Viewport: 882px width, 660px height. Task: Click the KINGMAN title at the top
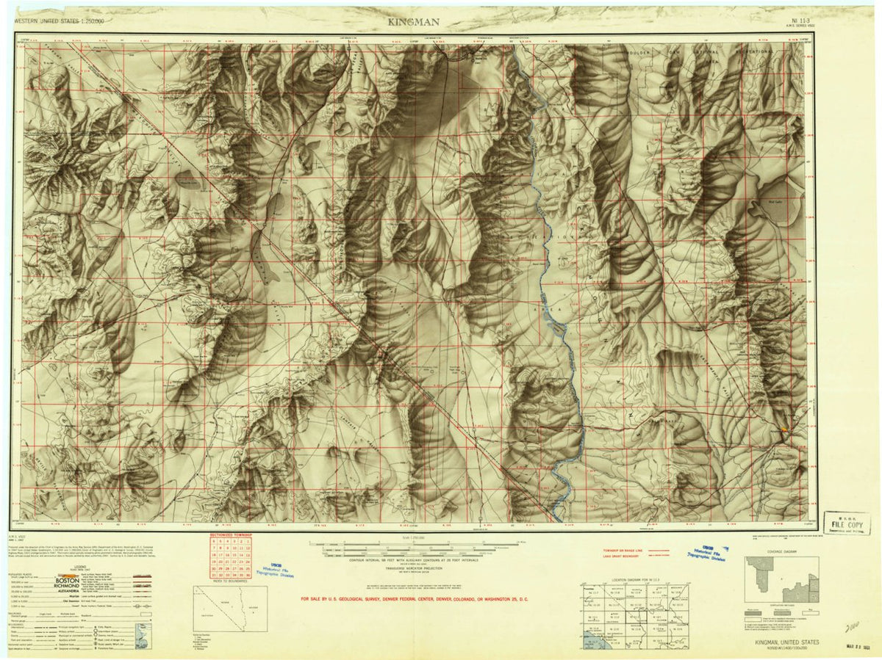click(x=415, y=22)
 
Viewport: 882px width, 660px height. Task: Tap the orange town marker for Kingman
click(x=784, y=429)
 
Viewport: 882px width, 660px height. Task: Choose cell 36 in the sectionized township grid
click(x=248, y=576)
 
